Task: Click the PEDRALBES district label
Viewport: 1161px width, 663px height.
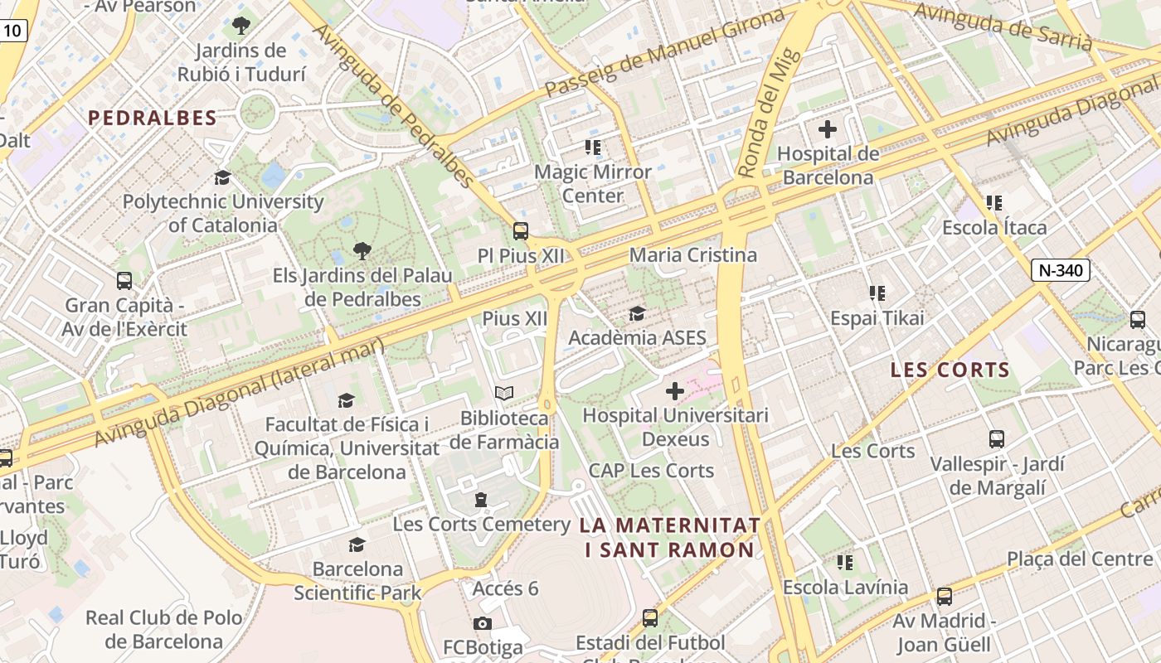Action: coord(153,118)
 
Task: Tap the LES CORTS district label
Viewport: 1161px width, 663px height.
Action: coord(950,370)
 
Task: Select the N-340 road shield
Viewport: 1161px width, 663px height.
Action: coord(1061,269)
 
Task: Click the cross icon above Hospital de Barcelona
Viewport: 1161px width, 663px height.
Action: coord(827,129)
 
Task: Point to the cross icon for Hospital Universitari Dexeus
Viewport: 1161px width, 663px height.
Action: coord(675,391)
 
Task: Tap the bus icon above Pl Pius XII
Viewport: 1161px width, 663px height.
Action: coord(521,231)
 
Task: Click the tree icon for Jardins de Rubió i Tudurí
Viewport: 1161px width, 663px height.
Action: coord(241,26)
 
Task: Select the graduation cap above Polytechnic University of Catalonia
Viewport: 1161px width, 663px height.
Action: coord(222,177)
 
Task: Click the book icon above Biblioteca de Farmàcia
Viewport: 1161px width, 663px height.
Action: coord(504,394)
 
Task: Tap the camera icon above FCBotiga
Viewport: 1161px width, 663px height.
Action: coord(483,623)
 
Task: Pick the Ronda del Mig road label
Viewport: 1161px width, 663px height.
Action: coord(770,114)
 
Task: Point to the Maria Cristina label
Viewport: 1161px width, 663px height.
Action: coord(693,254)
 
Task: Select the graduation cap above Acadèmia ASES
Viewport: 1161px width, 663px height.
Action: coord(637,313)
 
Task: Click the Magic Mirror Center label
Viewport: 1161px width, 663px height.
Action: coord(593,184)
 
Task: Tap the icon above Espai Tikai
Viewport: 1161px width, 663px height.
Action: coord(877,293)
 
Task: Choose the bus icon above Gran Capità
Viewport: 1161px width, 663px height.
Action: coord(124,281)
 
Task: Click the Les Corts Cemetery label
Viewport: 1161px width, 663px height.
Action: coord(481,524)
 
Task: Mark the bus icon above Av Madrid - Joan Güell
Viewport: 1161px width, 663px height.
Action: coord(944,596)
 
